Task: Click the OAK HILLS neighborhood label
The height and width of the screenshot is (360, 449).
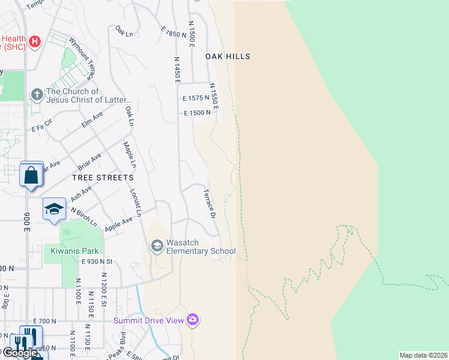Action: coord(228,56)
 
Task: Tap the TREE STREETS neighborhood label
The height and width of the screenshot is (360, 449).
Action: coord(103,178)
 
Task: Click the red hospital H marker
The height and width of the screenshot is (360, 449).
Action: coord(35,41)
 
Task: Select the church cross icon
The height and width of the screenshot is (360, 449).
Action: coord(37,94)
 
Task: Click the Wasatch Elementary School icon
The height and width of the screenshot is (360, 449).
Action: coord(157,245)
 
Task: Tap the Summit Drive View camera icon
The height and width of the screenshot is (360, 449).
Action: coord(193,319)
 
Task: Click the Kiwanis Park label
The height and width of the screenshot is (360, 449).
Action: coord(74,250)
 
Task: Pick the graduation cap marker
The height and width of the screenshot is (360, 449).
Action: coord(54,209)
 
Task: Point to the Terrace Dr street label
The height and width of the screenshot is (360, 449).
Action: coord(209,203)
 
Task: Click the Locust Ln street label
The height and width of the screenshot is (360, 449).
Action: coord(136,202)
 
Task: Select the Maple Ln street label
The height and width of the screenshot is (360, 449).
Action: coord(130,155)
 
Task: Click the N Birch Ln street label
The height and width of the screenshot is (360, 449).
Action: coord(83,216)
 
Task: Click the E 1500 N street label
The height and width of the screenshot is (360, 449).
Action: coord(197,113)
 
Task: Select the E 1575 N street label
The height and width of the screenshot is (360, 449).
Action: coord(196,97)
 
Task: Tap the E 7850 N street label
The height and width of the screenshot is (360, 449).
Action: coord(175,31)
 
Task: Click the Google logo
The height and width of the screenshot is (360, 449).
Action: coord(19,353)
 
